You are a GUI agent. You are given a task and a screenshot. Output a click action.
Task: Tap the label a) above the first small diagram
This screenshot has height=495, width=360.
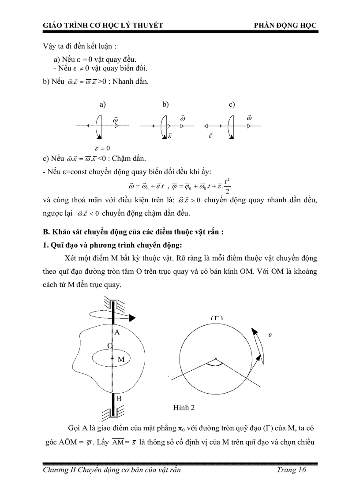[x=102, y=104]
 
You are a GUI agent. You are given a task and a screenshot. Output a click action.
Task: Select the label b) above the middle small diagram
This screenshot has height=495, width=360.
[x=166, y=104]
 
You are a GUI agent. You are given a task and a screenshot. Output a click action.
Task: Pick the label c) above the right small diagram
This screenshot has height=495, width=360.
[x=232, y=104]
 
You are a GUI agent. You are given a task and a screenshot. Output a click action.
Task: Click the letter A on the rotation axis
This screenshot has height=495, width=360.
[x=117, y=332]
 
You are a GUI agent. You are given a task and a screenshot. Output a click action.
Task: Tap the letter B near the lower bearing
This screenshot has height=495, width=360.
[x=118, y=398]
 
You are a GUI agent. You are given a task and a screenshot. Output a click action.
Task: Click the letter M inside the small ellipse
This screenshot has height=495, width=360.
[x=121, y=359]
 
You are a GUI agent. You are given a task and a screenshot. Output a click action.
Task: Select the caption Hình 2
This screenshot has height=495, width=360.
[x=184, y=407]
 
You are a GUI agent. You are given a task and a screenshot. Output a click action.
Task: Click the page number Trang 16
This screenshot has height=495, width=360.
[x=292, y=470]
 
